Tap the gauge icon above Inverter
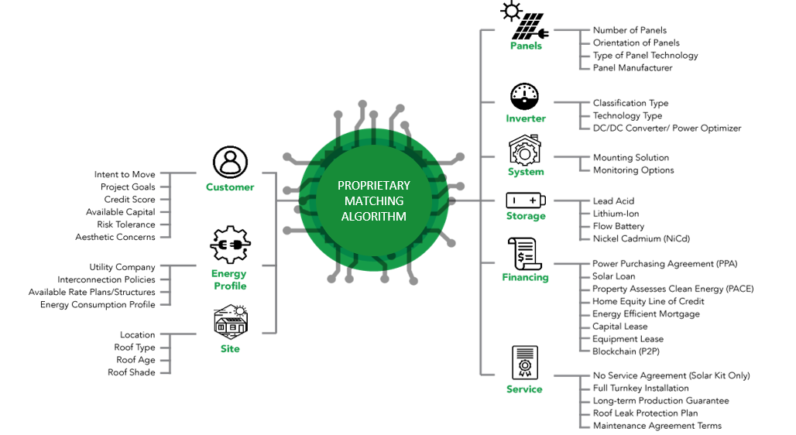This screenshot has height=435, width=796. click(524, 97)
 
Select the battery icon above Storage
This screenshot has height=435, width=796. click(526, 200)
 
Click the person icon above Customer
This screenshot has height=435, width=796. click(230, 163)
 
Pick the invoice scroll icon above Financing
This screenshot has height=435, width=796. click(524, 254)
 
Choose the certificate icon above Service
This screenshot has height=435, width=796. click(525, 363)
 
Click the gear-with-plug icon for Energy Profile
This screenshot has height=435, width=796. click(230, 245)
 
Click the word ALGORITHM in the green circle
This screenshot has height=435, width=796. click(374, 217)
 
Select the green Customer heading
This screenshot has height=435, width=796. click(230, 187)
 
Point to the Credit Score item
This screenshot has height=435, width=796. click(129, 200)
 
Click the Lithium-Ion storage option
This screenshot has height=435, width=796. click(616, 214)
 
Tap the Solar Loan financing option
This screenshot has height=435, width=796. click(614, 276)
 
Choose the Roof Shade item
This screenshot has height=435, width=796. click(132, 372)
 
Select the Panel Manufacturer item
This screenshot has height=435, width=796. click(633, 68)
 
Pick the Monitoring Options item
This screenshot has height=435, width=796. click(633, 170)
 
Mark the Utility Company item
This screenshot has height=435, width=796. click(122, 267)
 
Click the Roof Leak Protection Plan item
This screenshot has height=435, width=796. click(645, 413)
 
